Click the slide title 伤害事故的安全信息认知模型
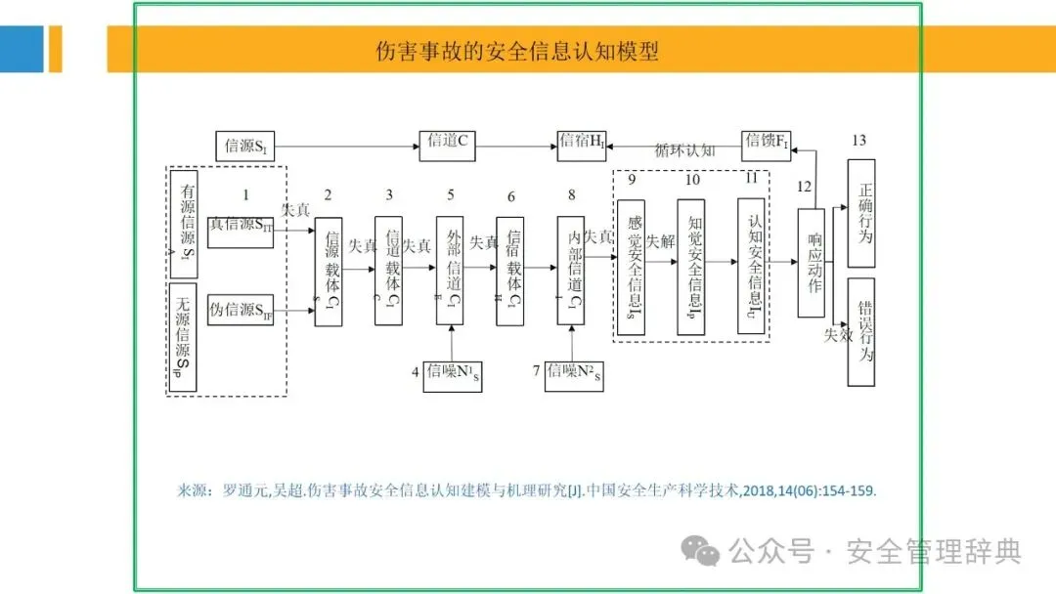tap(517, 51)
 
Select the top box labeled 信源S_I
tap(244, 147)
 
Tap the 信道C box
tap(448, 146)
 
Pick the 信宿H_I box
tap(582, 146)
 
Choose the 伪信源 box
tap(241, 310)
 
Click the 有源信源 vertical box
tap(184, 224)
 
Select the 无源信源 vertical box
tap(184, 337)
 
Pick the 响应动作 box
tap(812, 263)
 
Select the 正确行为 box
tap(861, 212)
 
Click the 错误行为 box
tap(861, 332)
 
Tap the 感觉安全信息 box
tap(631, 267)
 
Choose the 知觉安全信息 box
tap(691, 267)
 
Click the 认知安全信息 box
tap(751, 266)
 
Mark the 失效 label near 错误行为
tap(838, 335)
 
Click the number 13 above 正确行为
tap(858, 141)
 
